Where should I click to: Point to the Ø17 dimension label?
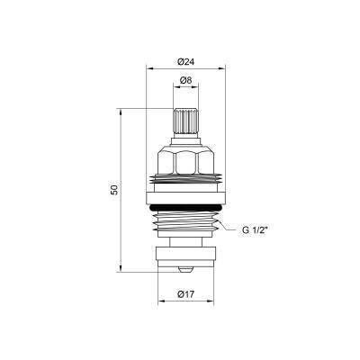(186, 293)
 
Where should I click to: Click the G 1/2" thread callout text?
(256, 230)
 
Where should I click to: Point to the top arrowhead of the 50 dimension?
(120, 112)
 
